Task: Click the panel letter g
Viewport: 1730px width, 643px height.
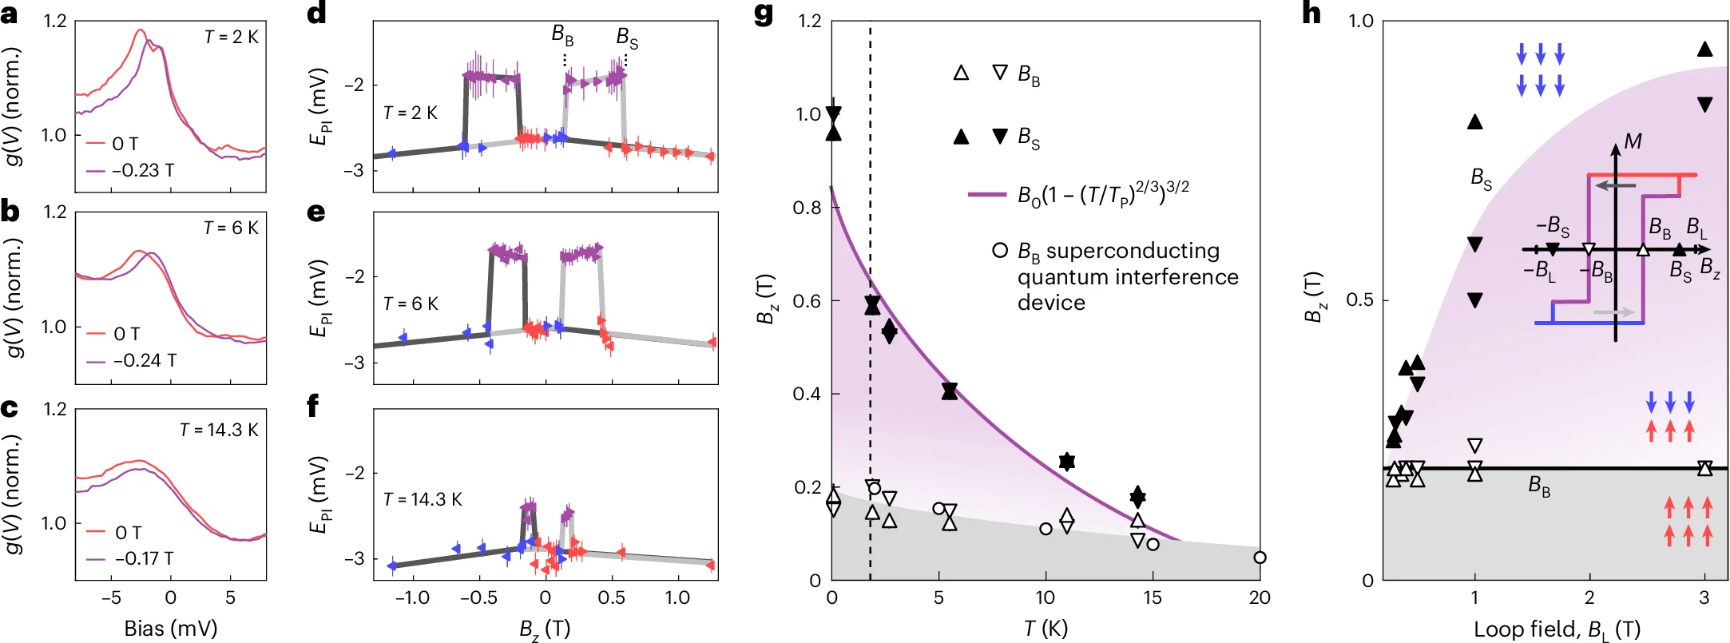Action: [763, 14]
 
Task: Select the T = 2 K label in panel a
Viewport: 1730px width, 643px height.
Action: [231, 37]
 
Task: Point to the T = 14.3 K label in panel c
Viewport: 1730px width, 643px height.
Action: [219, 430]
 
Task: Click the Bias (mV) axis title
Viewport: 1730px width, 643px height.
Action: [170, 629]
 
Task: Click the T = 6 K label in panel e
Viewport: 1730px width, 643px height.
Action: [411, 304]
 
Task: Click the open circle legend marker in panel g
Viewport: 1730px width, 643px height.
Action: [999, 251]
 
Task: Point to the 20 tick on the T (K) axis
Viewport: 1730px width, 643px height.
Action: [1260, 597]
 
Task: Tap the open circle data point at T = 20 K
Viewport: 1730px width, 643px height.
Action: [1260, 558]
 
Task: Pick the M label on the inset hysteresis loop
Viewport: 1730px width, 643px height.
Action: [1633, 141]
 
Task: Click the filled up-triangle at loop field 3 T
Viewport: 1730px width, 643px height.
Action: [1704, 50]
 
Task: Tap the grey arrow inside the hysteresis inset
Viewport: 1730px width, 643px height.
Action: [1613, 312]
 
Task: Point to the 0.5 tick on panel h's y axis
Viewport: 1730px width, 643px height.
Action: [1359, 300]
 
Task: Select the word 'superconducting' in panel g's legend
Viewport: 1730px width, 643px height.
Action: [1133, 251]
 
